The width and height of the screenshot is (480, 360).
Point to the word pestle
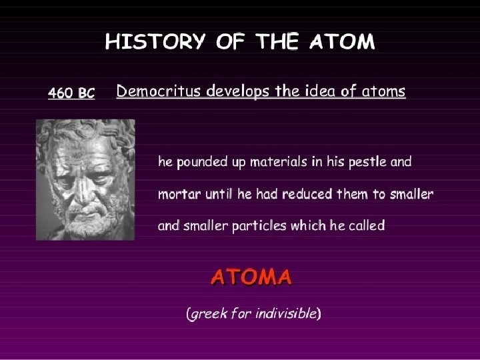click(x=365, y=162)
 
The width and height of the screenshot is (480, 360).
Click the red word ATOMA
click(x=251, y=276)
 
